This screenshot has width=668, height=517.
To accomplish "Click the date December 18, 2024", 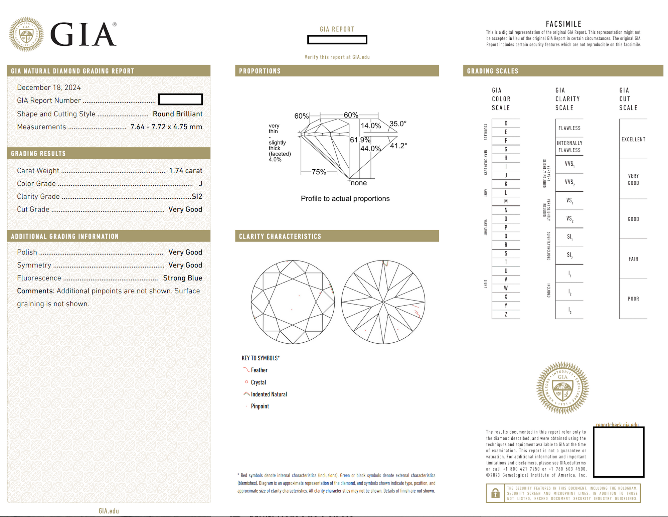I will pos(49,88).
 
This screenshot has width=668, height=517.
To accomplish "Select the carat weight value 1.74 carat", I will pos(185,171).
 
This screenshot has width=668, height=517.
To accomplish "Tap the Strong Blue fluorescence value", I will pos(182,278).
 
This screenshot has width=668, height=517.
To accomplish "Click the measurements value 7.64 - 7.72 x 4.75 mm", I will pos(166,127).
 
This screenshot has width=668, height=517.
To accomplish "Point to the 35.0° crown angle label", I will pos(398,124).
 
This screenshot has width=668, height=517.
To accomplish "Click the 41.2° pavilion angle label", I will pos(398,146).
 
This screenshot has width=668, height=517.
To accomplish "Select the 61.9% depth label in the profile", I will pos(360,140).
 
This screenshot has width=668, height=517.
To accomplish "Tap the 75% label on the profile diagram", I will pos(319,172).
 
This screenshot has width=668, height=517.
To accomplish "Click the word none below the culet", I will pos(359,183).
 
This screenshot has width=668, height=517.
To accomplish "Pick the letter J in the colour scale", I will pos(506,175).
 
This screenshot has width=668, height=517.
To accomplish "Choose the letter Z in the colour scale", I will pos(506,314).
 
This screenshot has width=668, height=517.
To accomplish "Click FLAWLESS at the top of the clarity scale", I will pos(569,128).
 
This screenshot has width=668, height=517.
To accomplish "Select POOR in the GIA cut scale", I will pos(633,299).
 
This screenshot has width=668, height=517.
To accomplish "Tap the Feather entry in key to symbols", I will pos(259,370).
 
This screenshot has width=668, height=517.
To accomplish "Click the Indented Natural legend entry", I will pos(269,394).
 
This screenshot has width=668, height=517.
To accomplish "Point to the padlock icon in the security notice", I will pos(495,493).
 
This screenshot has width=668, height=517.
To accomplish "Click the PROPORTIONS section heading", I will pos(260,71).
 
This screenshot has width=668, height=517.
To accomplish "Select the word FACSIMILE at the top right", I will pos(563,24).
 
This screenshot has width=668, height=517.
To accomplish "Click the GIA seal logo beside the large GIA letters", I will pos(26,34).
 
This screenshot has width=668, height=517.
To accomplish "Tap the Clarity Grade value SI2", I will pos(197,196).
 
